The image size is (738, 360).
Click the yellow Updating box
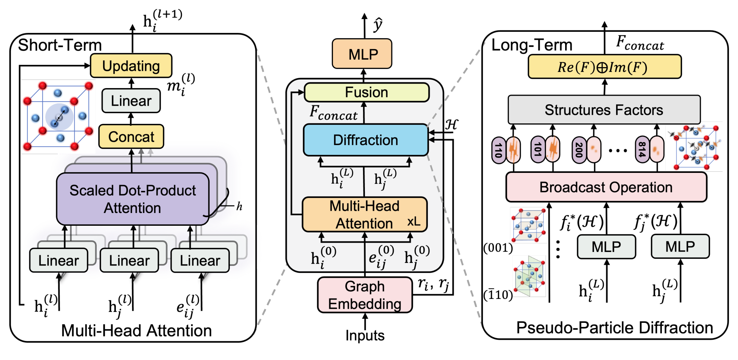(x=131, y=66)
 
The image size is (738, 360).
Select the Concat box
(x=131, y=137)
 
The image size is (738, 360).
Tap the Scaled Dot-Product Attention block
(x=132, y=199)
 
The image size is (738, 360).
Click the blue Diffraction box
(x=365, y=140)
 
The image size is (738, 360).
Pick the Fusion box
(x=366, y=92)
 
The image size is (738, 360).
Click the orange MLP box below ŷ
(x=362, y=54)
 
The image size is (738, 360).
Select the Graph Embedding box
(x=364, y=295)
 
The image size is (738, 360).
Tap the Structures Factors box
(x=604, y=110)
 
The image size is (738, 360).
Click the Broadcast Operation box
(x=606, y=187)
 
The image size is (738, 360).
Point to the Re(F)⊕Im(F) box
(x=604, y=67)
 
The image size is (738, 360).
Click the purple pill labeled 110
(x=498, y=150)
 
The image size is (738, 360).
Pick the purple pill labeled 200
(x=579, y=150)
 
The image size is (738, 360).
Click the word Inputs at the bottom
(x=365, y=335)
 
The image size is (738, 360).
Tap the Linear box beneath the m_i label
(x=131, y=101)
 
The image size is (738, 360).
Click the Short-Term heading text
(x=60, y=45)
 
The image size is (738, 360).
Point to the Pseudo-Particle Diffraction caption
(x=614, y=328)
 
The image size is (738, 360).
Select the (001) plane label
(x=498, y=248)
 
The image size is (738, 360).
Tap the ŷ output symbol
(x=378, y=24)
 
